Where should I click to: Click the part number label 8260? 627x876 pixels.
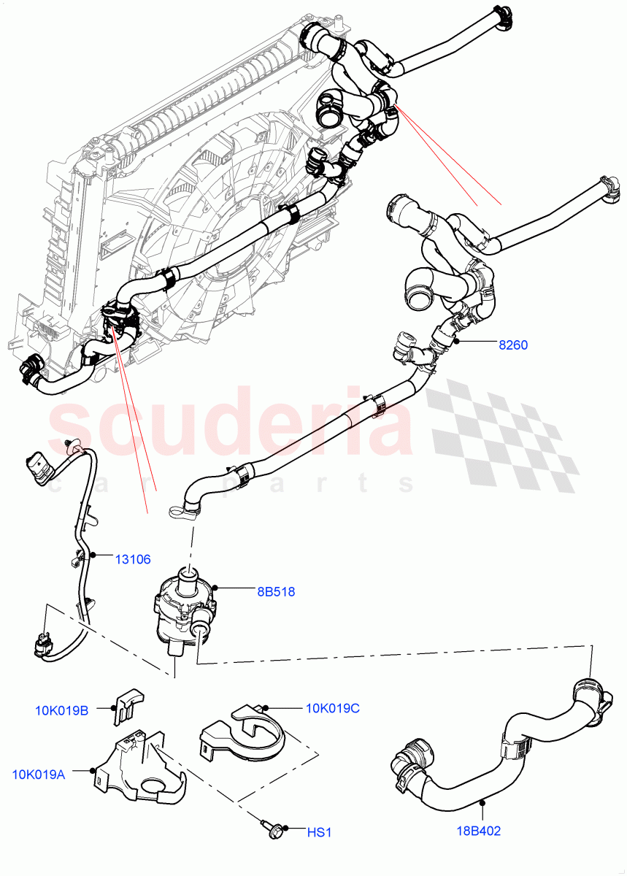click(512, 345)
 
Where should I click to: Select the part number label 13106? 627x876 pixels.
click(133, 560)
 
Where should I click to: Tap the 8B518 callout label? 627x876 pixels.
click(276, 592)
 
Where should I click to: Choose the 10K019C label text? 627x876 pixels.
click(333, 708)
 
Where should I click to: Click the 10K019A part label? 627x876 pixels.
click(39, 774)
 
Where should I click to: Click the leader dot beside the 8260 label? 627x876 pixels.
click(455, 341)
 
